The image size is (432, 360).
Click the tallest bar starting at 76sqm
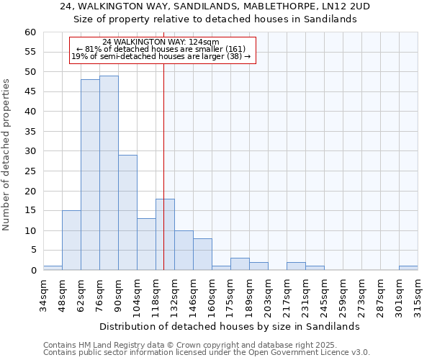[x=109, y=173]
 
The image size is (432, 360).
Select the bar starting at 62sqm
[x=90, y=175]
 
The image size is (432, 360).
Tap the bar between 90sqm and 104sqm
[x=127, y=212]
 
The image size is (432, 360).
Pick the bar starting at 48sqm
[x=71, y=240]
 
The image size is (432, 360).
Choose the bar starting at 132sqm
[x=184, y=251]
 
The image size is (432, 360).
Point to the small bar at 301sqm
[x=408, y=268]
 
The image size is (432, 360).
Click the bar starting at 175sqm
[x=240, y=264]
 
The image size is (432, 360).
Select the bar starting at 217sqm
[x=296, y=266]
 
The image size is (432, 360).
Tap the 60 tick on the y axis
[x=30, y=32]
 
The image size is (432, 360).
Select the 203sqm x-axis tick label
[x=268, y=297]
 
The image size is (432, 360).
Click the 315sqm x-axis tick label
[x=418, y=297]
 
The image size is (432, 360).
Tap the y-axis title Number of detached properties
[x=7, y=155]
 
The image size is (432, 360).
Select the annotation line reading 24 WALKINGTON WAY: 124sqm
[x=161, y=42]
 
